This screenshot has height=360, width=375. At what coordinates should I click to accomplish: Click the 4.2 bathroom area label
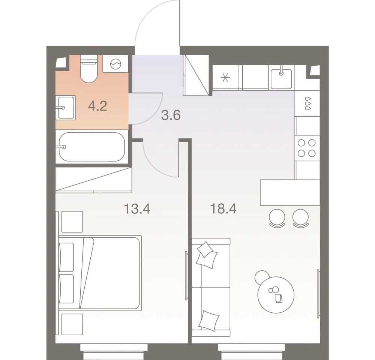pyautogui.click(x=97, y=106)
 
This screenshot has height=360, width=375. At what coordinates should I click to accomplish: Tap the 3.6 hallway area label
pyautogui.click(x=171, y=115)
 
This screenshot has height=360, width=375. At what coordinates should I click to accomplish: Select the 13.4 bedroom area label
pyautogui.click(x=137, y=209)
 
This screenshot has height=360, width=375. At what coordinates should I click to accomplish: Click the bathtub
pyautogui.click(x=92, y=147)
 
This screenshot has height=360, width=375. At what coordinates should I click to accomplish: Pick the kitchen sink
pyautogui.click(x=281, y=78)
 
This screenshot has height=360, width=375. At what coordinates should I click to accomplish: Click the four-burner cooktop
pyautogui.click(x=306, y=147)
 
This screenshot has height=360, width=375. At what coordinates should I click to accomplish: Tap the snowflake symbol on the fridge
pyautogui.click(x=225, y=78)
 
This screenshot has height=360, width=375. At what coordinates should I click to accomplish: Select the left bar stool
pyautogui.click(x=278, y=218)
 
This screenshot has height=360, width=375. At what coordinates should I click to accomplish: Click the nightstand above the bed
pyautogui.click(x=72, y=222)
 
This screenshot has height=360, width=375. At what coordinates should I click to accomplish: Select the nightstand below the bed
pyautogui.click(x=72, y=324)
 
